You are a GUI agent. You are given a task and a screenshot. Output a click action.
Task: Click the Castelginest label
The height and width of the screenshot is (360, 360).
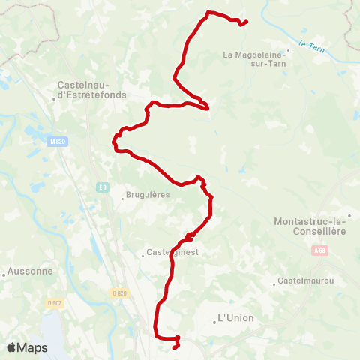pyautogui.click(x=172, y=253)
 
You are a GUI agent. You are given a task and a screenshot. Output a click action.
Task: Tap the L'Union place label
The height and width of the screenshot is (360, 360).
pyautogui.click(x=235, y=318)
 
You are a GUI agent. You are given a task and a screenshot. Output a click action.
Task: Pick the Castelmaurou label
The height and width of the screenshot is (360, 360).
pyautogui.click(x=305, y=280)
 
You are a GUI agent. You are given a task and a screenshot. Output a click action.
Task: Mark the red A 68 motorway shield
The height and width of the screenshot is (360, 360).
pyautogui.click(x=320, y=250)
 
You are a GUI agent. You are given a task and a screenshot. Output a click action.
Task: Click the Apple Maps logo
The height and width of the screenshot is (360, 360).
pyautogui.click(x=27, y=347)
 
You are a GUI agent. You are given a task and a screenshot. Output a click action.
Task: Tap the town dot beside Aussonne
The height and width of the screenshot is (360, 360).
pyautogui.click(x=4, y=274)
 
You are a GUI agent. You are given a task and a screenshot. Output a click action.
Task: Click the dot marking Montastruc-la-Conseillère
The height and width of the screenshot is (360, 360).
pyautogui.click(x=349, y=215)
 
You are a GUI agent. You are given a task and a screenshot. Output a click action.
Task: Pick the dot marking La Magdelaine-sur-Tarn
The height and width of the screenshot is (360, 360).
pyautogui.click(x=288, y=51)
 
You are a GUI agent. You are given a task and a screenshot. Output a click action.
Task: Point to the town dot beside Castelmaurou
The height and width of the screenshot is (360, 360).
pyautogui.click(x=274, y=283)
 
